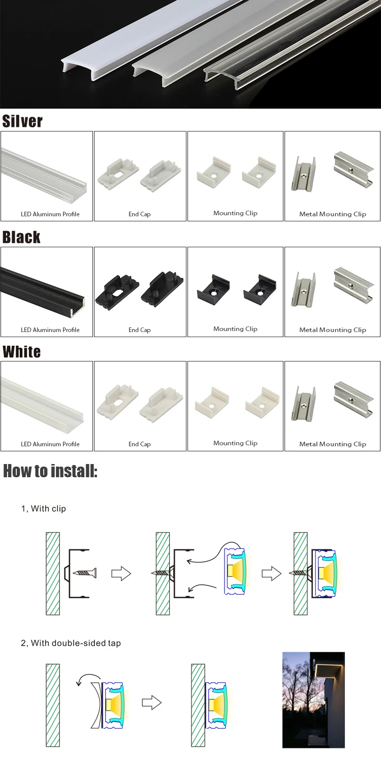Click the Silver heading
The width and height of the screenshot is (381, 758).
[22, 121]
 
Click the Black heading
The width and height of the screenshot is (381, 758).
[21, 237]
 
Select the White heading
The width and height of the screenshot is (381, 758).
[22, 352]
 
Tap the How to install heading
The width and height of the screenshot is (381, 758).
[50, 471]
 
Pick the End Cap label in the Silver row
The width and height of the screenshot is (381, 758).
[140, 214]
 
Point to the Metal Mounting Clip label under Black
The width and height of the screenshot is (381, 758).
[333, 330]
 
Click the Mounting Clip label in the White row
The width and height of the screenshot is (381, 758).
[235, 443]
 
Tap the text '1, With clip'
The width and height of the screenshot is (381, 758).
[44, 508]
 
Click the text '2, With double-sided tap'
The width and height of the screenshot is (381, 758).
[71, 643]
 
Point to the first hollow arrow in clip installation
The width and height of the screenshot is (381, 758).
[121, 574]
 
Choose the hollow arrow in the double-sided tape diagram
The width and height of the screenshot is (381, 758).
[151, 703]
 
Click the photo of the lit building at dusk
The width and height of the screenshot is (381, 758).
[313, 700]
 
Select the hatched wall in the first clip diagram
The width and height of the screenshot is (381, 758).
[53, 573]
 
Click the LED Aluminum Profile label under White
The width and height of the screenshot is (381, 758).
[50, 444]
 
